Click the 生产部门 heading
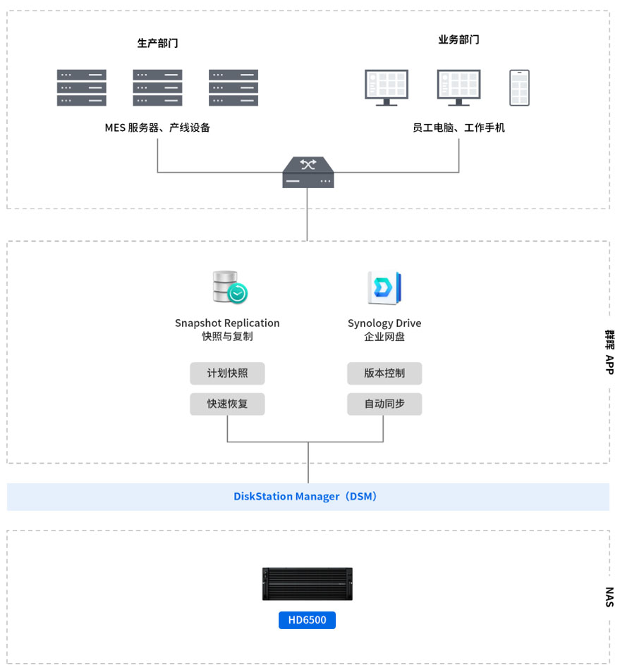[x=157, y=43]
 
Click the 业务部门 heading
[x=458, y=39]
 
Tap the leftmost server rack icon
[x=82, y=87]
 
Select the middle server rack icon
[x=157, y=87]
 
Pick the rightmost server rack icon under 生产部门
[x=233, y=87]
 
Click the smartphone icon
[x=519, y=87]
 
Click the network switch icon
[x=308, y=173]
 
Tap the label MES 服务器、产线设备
[x=157, y=128]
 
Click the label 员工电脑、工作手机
[x=458, y=128]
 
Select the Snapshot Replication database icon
[x=229, y=287]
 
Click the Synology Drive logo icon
[x=384, y=287]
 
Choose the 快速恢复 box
[x=227, y=404]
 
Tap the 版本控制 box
[x=384, y=373]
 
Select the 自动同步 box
[x=384, y=404]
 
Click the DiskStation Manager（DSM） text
[x=308, y=497]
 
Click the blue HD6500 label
[x=307, y=620]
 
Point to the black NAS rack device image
[x=307, y=583]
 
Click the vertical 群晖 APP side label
[x=609, y=352]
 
